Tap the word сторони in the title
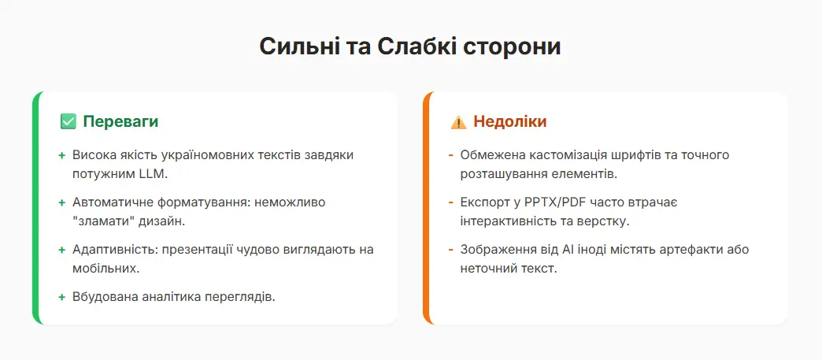517,46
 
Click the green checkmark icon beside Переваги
68,122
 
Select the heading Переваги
120,122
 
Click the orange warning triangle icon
458,122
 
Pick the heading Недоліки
509,122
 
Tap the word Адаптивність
113,249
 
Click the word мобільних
104,268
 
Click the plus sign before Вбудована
61,297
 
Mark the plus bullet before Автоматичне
61,202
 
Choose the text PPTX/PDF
554,202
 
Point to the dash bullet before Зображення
450,250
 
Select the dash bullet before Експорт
450,202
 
